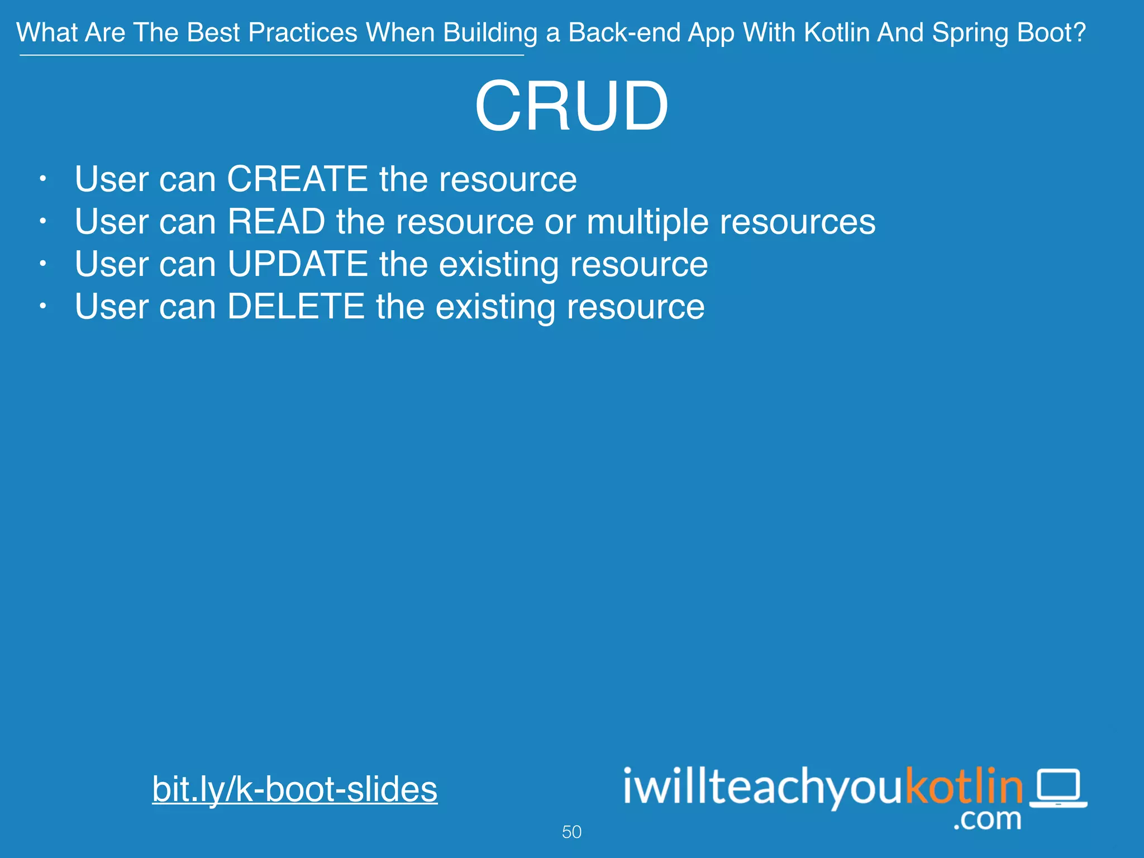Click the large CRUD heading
(571, 106)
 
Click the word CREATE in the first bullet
(297, 179)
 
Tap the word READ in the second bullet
(276, 222)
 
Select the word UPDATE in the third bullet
(297, 264)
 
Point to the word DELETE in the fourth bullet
(295, 307)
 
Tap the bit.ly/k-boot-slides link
(294, 789)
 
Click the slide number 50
(571, 832)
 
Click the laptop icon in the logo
(1058, 788)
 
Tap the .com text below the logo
(987, 819)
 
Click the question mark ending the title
(1079, 32)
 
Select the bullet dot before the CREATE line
(42, 179)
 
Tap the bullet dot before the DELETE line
(42, 307)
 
